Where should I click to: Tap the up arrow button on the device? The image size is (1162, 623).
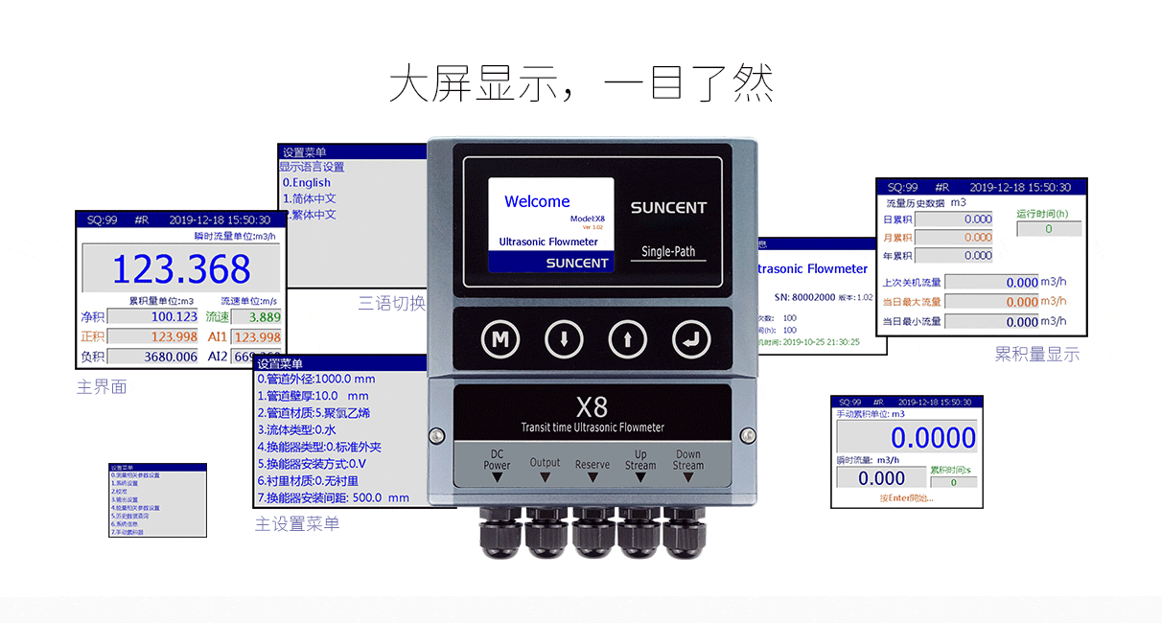click(x=626, y=338)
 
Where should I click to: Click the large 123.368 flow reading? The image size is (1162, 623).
click(x=181, y=269)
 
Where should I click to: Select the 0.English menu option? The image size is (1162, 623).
click(x=306, y=182)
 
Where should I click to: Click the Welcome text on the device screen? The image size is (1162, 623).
click(x=537, y=201)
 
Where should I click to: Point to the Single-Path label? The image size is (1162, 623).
click(x=668, y=251)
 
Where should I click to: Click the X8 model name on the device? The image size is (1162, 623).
click(x=592, y=406)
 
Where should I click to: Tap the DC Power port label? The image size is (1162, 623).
click(x=497, y=460)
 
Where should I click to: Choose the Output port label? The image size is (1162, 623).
click(x=545, y=462)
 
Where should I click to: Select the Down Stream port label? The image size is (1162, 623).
click(x=687, y=460)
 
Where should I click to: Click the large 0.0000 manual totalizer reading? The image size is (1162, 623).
click(x=933, y=438)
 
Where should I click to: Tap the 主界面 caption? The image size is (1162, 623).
click(x=102, y=387)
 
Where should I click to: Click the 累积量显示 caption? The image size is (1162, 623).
click(x=1036, y=355)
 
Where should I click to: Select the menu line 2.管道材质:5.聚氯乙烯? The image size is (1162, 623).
click(x=314, y=412)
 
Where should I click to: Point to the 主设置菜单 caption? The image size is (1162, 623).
click(x=297, y=524)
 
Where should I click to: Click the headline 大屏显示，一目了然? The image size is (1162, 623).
click(x=580, y=84)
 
